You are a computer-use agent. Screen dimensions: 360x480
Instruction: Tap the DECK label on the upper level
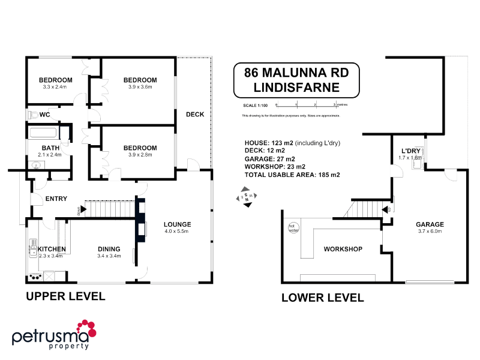[194, 114]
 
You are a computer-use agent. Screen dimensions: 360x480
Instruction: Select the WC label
[45, 114]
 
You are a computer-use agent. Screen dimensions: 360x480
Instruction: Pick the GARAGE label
[430, 224]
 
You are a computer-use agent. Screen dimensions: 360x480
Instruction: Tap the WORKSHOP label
[343, 248]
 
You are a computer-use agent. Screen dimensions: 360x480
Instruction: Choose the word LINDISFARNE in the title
[296, 87]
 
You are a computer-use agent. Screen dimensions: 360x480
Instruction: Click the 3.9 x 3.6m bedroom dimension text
[140, 87]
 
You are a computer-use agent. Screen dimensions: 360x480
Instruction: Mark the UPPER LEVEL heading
[65, 296]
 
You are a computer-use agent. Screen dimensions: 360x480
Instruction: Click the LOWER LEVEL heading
[322, 297]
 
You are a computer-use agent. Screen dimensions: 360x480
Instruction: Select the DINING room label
[109, 249]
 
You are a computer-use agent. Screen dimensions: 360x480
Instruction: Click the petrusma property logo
[54, 334]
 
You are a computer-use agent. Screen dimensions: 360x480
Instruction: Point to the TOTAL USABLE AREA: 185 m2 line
[292, 175]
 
